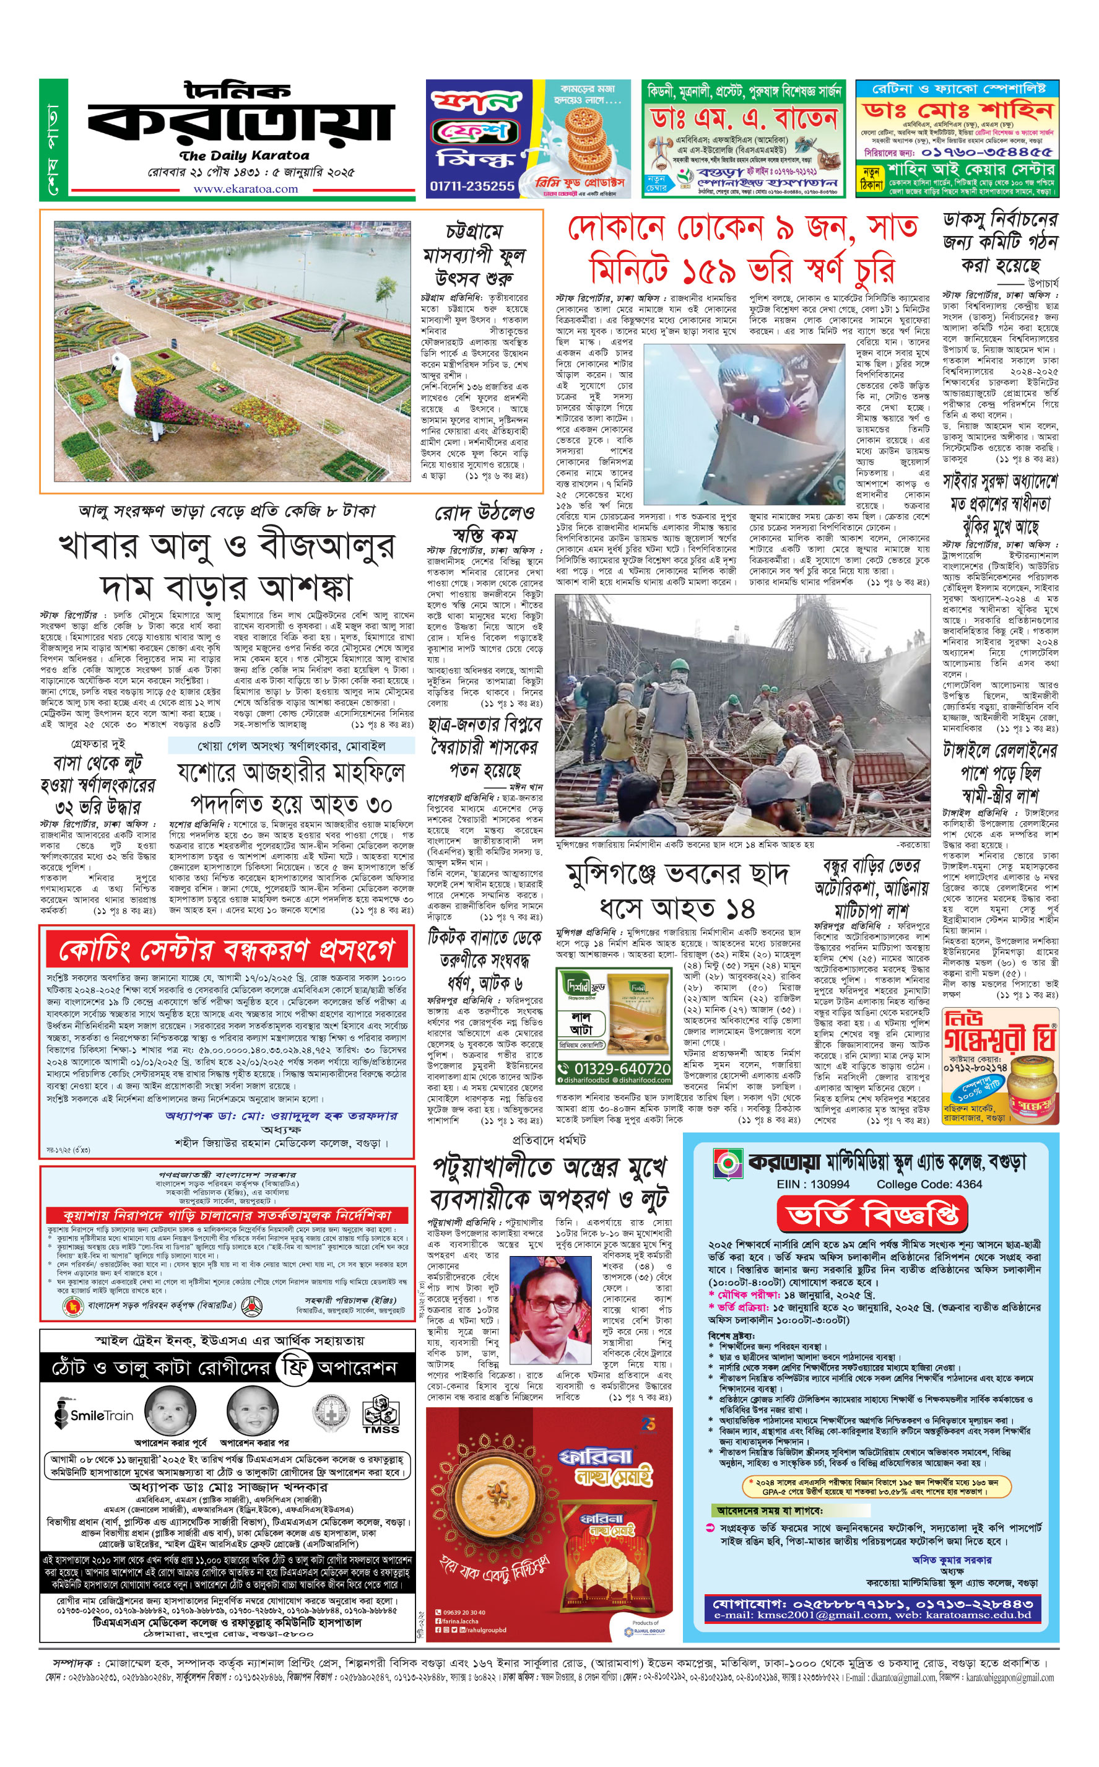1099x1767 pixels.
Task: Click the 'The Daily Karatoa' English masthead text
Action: tap(243, 155)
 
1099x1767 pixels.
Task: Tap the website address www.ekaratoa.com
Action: tap(245, 189)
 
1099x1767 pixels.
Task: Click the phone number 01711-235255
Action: tap(472, 186)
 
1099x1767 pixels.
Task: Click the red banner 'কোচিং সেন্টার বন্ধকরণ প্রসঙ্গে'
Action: tap(226, 949)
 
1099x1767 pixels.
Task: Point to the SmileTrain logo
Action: tap(95, 1415)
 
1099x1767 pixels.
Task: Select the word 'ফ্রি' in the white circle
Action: tap(294, 1368)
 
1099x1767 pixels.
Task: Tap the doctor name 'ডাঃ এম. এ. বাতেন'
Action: tap(742, 118)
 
